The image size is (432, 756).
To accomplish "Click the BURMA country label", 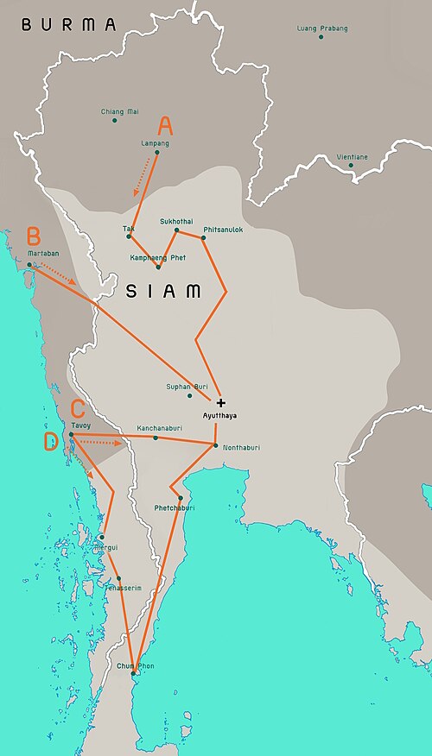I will pyautogui.click(x=68, y=25).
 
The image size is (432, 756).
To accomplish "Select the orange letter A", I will pyautogui.click(x=165, y=126).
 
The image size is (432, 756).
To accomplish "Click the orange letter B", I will pyautogui.click(x=33, y=235).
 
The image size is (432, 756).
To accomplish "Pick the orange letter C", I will pyautogui.click(x=78, y=408).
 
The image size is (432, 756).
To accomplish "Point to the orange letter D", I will pyautogui.click(x=51, y=442).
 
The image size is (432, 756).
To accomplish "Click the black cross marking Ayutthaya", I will pyautogui.click(x=221, y=403).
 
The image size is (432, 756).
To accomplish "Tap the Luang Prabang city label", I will pyautogui.click(x=322, y=28).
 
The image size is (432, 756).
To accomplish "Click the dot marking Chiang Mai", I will pyautogui.click(x=114, y=120).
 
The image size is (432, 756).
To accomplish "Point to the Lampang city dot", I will pyautogui.click(x=156, y=153).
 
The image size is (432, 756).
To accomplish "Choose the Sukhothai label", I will pyautogui.click(x=176, y=221).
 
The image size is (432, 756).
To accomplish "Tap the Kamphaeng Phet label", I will pyautogui.click(x=157, y=257).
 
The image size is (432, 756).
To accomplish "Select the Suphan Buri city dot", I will pyautogui.click(x=189, y=395).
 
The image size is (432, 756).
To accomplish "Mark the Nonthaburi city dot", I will pyautogui.click(x=215, y=444).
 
